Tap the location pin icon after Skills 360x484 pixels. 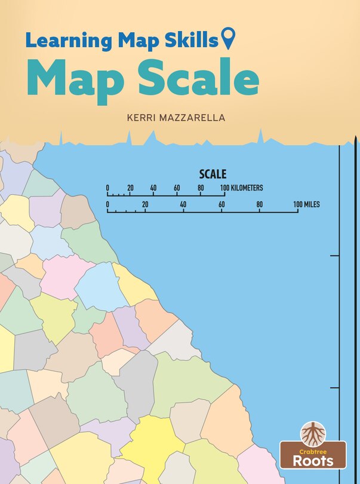pyautogui.click(x=228, y=39)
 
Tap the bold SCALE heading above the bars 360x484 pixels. pyautogui.click(x=213, y=174)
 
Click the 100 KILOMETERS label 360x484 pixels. pyautogui.click(x=242, y=188)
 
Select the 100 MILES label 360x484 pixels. pyautogui.click(x=306, y=204)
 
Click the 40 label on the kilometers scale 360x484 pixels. pyautogui.click(x=153, y=188)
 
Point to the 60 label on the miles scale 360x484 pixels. pyautogui.click(x=221, y=204)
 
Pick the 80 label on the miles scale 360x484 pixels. pyautogui.click(x=260, y=204)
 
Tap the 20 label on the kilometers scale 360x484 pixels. pyautogui.click(x=130, y=188)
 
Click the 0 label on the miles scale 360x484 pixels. pyautogui.click(x=107, y=204)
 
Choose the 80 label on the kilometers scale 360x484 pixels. pyautogui.click(x=201, y=188)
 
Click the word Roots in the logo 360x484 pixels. pyautogui.click(x=314, y=460)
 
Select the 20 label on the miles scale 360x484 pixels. pyautogui.click(x=145, y=204)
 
